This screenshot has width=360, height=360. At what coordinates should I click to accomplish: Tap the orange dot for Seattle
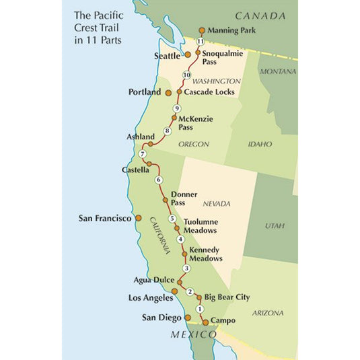click(x=188, y=55)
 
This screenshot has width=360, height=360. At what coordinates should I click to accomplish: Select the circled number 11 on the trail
click(x=201, y=42)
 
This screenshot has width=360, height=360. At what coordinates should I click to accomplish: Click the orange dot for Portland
click(x=168, y=92)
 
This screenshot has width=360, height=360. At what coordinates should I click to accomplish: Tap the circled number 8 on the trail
click(x=168, y=131)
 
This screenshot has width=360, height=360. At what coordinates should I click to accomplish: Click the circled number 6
click(x=159, y=180)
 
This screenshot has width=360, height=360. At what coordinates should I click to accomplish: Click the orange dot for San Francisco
click(x=139, y=218)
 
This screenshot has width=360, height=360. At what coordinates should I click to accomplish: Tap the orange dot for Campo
click(x=205, y=322)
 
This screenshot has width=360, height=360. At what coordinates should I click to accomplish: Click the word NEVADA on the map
click(x=217, y=204)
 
